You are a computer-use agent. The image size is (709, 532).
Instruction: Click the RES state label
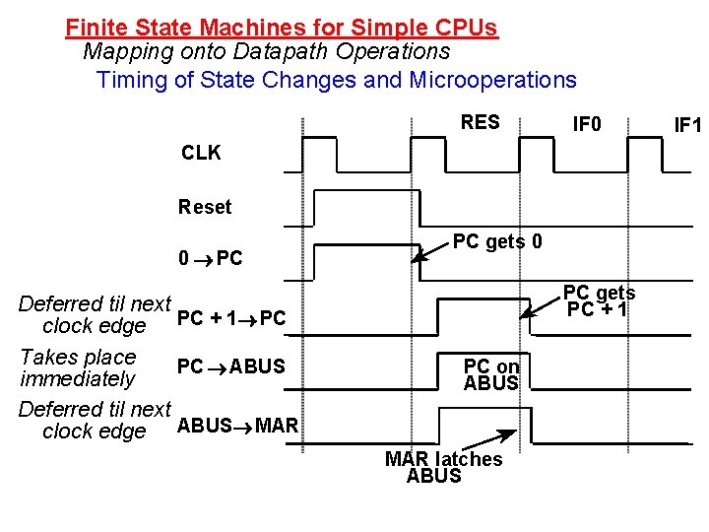tap(480, 123)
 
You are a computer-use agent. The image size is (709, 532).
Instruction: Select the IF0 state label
tap(588, 125)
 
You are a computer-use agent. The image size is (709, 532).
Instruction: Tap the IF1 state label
tap(687, 126)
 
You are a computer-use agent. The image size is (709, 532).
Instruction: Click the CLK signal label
tap(201, 153)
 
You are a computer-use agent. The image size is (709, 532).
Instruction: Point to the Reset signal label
tap(205, 207)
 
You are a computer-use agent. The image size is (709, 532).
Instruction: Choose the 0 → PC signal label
tap(210, 259)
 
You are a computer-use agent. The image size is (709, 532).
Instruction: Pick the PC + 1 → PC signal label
tap(231, 318)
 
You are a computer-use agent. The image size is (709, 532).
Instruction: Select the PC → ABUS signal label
tap(230, 367)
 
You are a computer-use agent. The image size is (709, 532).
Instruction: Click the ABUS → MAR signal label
tap(236, 426)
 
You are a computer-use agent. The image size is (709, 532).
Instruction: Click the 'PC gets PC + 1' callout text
tap(599, 301)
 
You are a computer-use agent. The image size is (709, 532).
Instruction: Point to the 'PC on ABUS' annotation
tap(491, 375)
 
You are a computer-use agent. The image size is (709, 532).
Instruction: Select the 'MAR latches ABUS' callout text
tap(442, 467)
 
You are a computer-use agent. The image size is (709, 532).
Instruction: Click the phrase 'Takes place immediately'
tap(78, 367)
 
